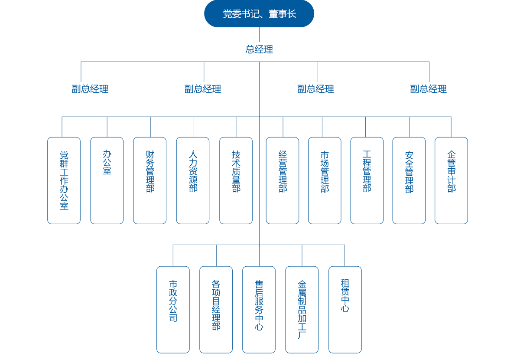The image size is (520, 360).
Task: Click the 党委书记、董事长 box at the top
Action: click(259, 14)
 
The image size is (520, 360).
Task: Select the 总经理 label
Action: click(259, 49)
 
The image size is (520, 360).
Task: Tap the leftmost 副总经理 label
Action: click(90, 89)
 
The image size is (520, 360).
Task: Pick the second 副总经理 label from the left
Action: click(203, 89)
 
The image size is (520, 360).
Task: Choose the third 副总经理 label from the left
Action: click(315, 89)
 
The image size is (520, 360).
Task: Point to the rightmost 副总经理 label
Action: click(428, 89)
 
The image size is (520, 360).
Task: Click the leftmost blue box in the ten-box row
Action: click(64, 180)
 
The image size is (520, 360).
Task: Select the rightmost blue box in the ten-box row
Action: click(451, 180)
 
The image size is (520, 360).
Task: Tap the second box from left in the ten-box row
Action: click(107, 180)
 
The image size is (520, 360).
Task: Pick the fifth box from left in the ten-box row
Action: click(236, 180)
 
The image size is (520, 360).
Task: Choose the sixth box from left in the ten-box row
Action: click(283, 180)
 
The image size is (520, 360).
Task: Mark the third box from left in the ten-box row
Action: click(149, 180)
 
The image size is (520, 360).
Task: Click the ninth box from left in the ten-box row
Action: click(409, 180)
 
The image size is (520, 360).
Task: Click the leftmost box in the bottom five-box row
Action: click(173, 309)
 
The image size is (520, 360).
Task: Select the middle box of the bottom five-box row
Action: click(259, 309)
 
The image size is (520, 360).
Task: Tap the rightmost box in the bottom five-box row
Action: click(345, 309)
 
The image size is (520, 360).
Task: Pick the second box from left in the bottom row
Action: click(216, 309)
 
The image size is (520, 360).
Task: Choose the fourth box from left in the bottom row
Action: click(302, 309)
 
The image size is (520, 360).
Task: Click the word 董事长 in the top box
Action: click(282, 14)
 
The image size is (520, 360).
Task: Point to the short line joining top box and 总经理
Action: click(259, 35)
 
